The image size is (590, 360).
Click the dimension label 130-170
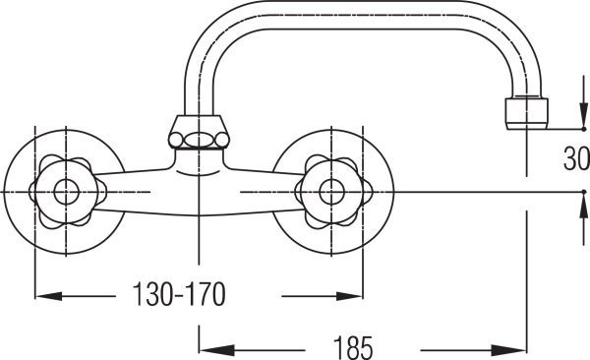(x=180, y=294)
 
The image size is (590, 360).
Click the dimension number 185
(x=353, y=347)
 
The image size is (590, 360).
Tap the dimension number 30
(x=576, y=158)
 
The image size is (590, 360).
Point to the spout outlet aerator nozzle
(x=526, y=113)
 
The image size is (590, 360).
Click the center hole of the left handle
(x=66, y=192)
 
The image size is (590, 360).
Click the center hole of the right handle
(x=331, y=192)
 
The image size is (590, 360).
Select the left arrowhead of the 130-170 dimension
(x=48, y=296)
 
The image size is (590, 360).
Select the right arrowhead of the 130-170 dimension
(x=349, y=296)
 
